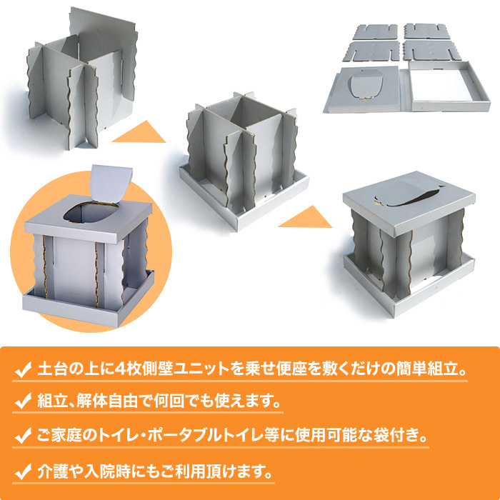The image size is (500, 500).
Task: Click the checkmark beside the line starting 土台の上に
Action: [23, 371]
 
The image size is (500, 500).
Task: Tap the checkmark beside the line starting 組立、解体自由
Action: [23, 401]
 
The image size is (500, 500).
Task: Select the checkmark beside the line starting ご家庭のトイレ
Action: [23, 436]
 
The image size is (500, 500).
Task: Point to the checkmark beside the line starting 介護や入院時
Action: [23, 472]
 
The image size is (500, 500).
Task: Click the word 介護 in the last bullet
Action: [50, 471]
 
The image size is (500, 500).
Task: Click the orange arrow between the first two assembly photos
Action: [140, 131]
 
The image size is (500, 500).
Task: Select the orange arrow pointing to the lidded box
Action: [306, 217]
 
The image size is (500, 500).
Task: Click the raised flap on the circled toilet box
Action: [111, 184]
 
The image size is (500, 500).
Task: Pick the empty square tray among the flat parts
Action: [449, 86]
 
